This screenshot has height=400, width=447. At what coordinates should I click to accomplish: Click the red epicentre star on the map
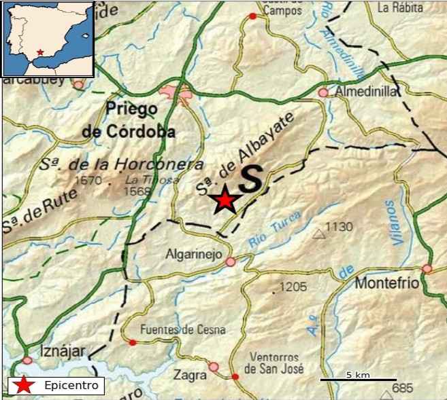(224, 200)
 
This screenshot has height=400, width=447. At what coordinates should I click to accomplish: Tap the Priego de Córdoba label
(129, 120)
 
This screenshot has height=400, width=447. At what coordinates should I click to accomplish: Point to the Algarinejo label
(194, 254)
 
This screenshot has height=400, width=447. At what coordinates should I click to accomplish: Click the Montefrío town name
(387, 283)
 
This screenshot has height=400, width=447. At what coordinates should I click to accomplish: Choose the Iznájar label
(62, 350)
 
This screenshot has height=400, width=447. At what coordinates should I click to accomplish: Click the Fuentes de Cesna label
(182, 330)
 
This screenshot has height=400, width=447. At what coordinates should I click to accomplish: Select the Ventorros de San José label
(271, 363)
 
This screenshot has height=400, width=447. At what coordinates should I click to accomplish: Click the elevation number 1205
(293, 287)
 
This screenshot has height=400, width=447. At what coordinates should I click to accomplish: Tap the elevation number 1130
(339, 227)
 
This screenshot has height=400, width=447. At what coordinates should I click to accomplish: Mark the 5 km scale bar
(359, 379)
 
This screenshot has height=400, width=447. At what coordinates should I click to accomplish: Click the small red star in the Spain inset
(41, 52)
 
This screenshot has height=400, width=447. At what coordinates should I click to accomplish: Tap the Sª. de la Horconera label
(121, 164)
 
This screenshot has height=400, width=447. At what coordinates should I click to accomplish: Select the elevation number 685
(403, 388)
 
